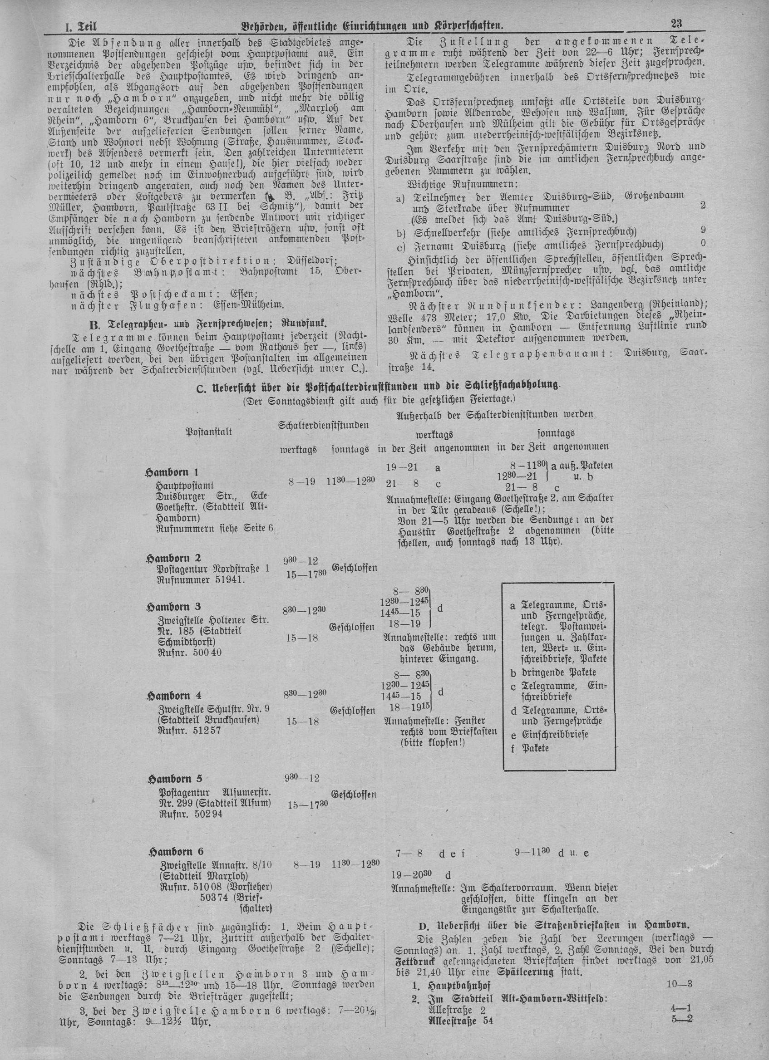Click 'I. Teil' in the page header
pyautogui.click(x=77, y=38)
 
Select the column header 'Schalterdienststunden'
pyautogui.click(x=323, y=425)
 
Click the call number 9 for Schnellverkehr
pyautogui.click(x=703, y=230)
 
